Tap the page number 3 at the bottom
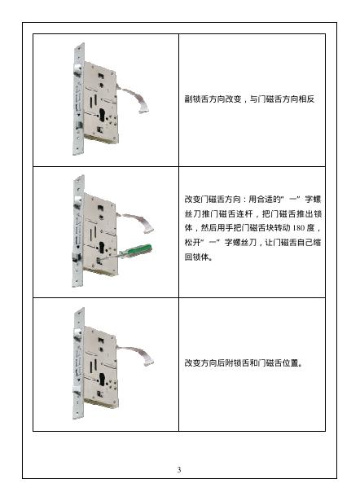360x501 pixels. [179, 469]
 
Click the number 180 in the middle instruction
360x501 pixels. [298, 228]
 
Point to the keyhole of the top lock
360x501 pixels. [102, 115]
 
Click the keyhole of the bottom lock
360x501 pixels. [102, 380]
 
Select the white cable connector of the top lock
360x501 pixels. [143, 110]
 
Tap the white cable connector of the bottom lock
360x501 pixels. [149, 362]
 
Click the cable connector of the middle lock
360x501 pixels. [149, 229]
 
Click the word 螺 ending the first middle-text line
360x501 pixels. [317, 200]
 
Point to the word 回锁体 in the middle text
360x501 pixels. [197, 257]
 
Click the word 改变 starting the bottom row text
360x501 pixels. [192, 363]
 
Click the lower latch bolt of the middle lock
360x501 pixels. [77, 257]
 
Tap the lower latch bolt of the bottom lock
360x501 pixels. [77, 390]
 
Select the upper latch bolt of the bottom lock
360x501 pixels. [77, 333]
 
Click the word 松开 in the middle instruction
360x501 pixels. [192, 243]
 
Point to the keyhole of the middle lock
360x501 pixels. [102, 248]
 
